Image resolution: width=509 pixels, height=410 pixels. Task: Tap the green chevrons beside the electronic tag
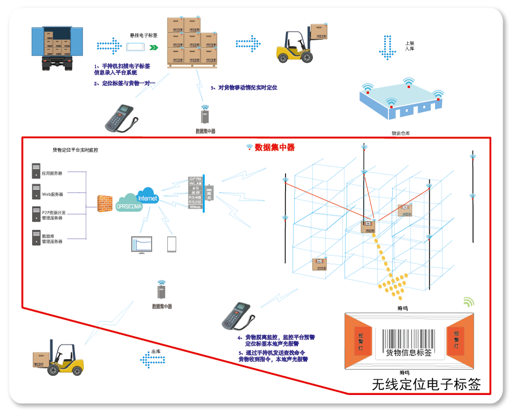154,48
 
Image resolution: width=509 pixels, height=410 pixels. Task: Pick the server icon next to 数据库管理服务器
36,237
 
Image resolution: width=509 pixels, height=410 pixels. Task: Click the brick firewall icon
105,204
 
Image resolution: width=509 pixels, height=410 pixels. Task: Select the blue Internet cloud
148,196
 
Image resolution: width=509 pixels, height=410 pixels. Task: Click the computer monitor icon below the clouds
141,245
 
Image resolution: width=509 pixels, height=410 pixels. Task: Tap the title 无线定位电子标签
426,384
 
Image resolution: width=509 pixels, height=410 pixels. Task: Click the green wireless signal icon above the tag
468,302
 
